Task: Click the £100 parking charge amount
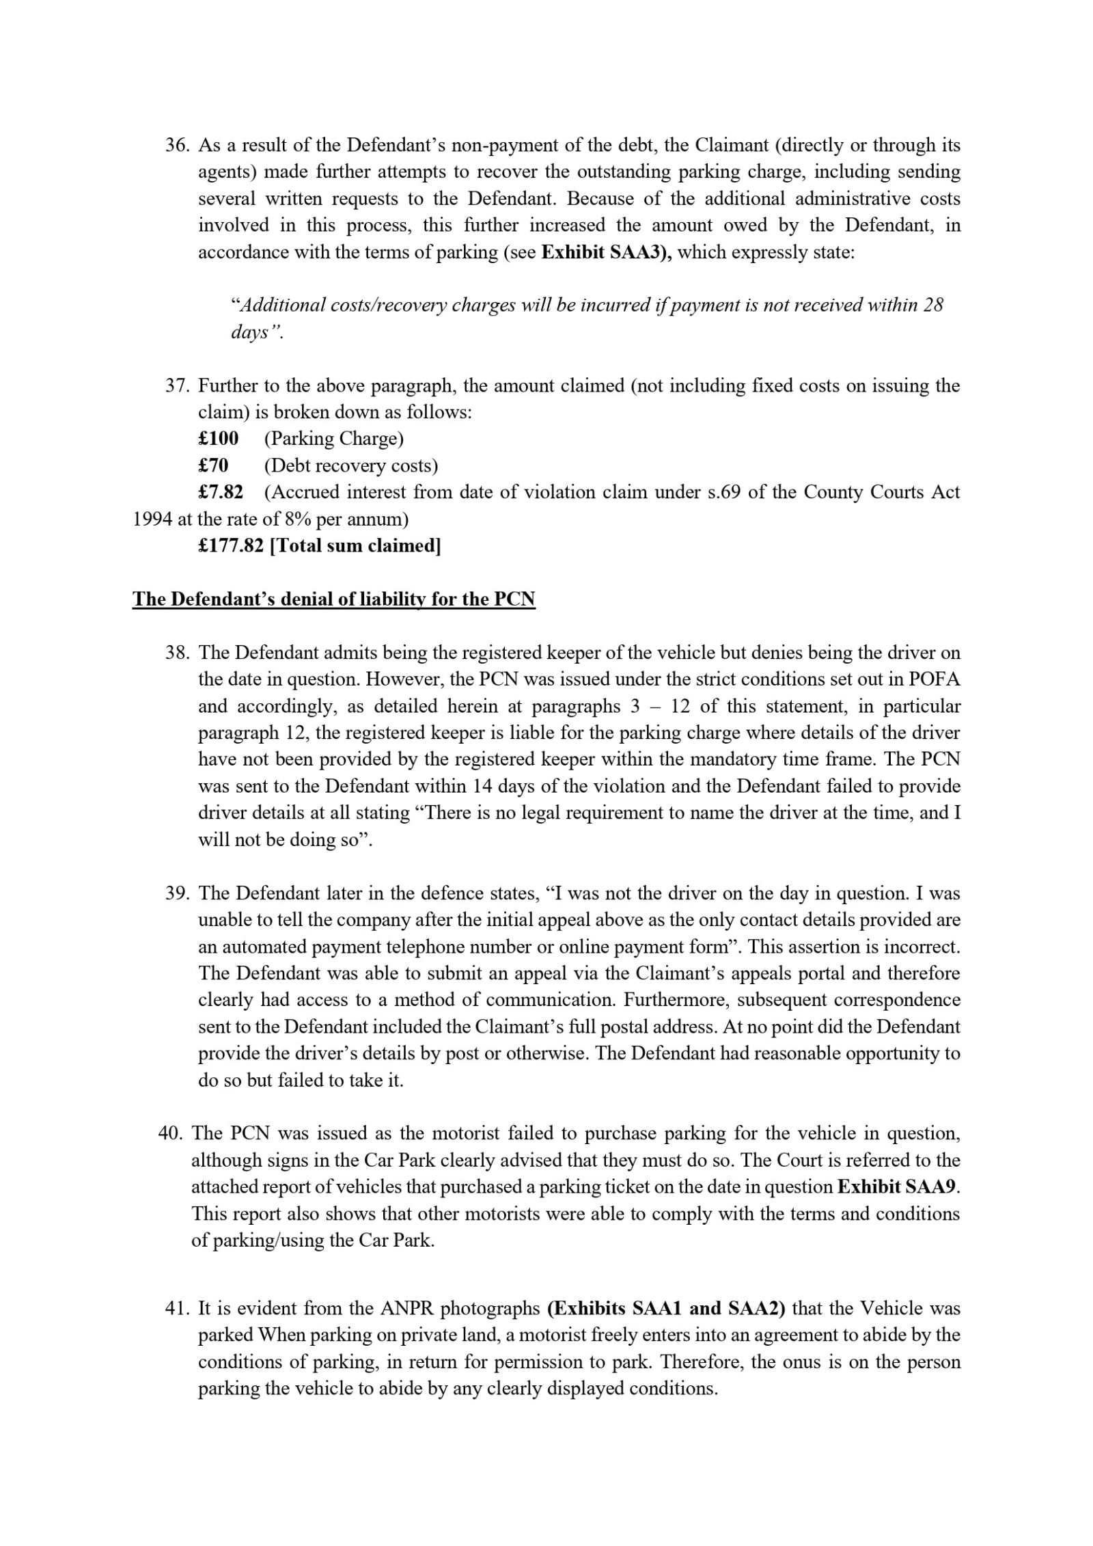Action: [218, 439]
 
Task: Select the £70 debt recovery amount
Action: [213, 466]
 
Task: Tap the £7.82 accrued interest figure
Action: [221, 493]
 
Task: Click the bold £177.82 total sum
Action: [230, 546]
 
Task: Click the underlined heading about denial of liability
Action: [334, 599]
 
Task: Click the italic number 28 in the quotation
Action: [932, 305]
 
